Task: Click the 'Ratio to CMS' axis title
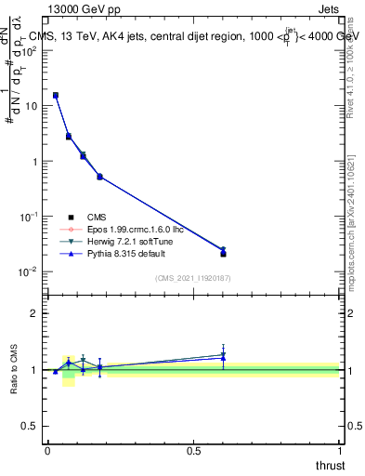(13, 369)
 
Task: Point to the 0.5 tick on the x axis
(193, 450)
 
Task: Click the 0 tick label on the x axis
(47, 450)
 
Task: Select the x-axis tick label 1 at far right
(339, 450)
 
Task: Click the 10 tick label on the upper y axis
(30, 106)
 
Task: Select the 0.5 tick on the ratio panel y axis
(32, 427)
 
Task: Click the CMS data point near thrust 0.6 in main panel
(223, 254)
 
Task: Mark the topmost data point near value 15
(56, 95)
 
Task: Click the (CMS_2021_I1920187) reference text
(192, 278)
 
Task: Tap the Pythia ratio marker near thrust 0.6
(223, 358)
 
